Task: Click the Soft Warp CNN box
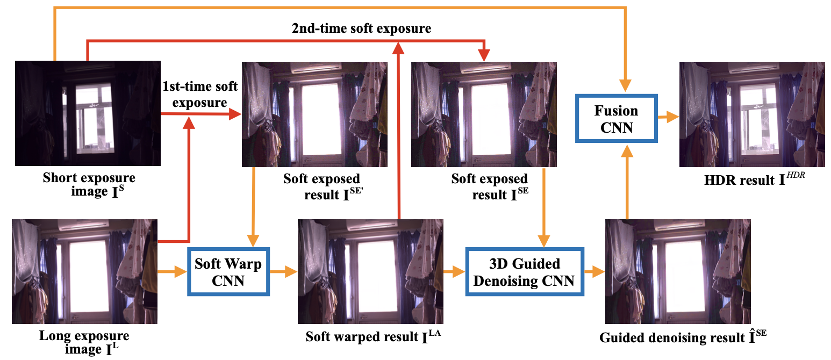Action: pos(228,272)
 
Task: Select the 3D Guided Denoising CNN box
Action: pos(525,272)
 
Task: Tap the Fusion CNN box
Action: pos(616,118)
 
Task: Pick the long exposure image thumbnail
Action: pos(84,271)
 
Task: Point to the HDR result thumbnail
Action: pos(752,114)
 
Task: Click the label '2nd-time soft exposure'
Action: pos(361,28)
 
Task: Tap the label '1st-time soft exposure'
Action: pos(200,94)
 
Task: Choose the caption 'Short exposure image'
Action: pos(89,185)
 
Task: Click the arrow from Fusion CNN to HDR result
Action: pos(668,118)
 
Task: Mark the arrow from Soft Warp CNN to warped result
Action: pos(283,272)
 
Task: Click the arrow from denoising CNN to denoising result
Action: pos(594,272)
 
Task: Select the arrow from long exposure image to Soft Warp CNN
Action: pos(172,272)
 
